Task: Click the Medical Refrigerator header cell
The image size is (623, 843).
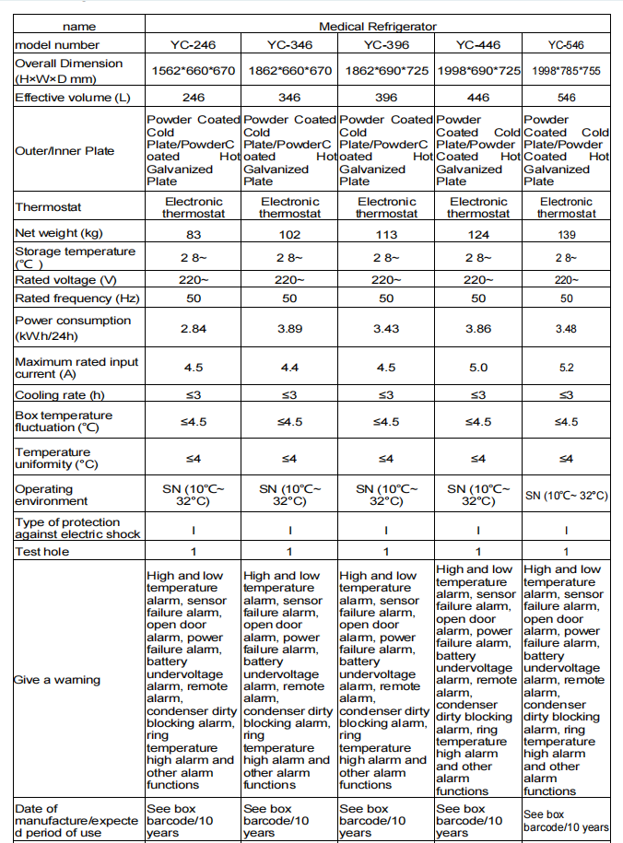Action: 377,27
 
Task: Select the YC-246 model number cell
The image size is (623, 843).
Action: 193,44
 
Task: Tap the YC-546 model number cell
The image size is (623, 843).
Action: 566,44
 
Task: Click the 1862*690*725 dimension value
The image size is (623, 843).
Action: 385,71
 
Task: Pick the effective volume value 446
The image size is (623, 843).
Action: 477,97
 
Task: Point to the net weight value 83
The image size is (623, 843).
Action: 193,234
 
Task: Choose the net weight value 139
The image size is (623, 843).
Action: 566,234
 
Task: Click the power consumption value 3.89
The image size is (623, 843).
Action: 289,328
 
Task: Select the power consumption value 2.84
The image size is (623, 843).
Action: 193,328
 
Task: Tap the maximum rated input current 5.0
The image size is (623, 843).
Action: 477,368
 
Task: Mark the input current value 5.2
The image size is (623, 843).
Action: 566,368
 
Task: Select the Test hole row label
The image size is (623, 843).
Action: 41,551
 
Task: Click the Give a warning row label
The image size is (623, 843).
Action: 57,680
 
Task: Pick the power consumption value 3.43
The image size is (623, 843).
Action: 385,328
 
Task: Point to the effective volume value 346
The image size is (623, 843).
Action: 289,97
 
